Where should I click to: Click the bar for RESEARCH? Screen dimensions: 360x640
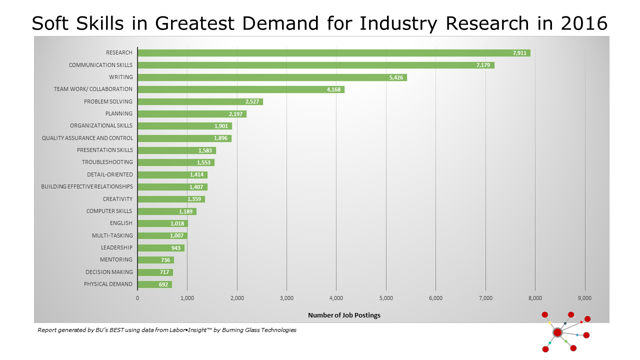tap(333, 53)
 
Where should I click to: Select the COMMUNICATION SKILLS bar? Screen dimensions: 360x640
tap(315, 65)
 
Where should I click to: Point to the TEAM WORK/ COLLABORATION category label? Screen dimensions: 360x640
tap(93, 89)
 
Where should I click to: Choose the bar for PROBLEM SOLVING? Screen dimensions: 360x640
tap(200, 101)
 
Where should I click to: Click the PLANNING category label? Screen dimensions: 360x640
tap(119, 113)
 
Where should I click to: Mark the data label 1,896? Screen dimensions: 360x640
tap(220, 138)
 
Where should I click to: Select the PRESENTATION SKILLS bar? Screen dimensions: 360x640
tap(176, 150)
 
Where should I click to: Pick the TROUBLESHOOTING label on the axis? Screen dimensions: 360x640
tap(107, 162)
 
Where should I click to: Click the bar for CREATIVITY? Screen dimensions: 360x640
tap(171, 199)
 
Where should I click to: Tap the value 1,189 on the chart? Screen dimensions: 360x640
tap(185, 211)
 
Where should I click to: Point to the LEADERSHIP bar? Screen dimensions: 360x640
tap(160, 248)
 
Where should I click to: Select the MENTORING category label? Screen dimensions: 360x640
tap(116, 259)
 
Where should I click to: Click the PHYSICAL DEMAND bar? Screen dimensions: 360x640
tap(154, 284)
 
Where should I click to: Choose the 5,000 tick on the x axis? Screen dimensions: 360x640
tap(386, 298)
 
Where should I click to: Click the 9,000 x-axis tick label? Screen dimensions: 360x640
tap(584, 298)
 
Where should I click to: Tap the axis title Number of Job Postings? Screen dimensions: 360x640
tap(344, 315)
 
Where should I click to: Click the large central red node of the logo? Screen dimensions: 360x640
tap(557, 332)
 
